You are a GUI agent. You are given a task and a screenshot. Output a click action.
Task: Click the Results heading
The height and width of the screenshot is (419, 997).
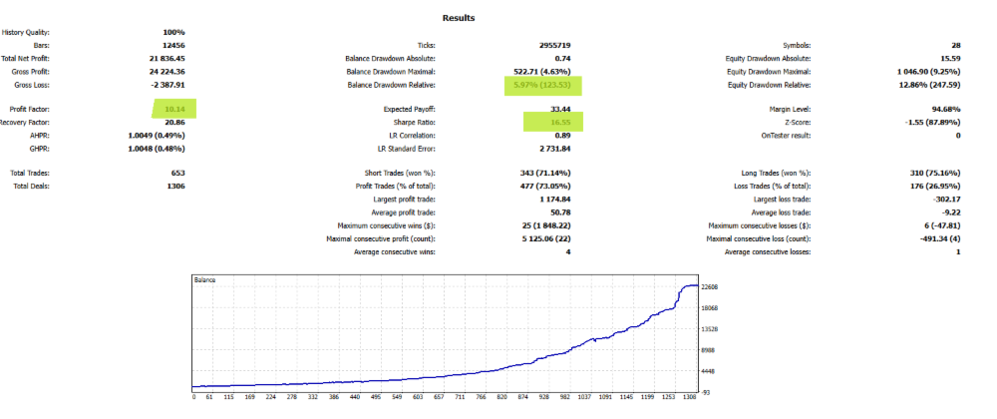[x=459, y=18]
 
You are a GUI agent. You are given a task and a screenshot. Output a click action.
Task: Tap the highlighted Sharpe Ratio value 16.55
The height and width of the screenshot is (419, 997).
[x=552, y=121]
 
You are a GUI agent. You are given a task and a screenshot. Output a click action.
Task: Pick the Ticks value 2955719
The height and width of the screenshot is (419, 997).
[x=552, y=46]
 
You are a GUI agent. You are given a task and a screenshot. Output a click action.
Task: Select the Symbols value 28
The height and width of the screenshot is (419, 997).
[x=956, y=46]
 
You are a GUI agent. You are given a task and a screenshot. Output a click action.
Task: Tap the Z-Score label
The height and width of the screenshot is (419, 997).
[x=794, y=121]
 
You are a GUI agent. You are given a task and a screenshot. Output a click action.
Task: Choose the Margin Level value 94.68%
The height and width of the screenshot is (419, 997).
[x=944, y=108]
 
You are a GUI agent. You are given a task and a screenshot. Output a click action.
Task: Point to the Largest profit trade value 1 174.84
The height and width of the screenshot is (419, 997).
[x=548, y=200]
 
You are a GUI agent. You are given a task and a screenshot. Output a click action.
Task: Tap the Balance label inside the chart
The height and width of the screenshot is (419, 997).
[x=204, y=281]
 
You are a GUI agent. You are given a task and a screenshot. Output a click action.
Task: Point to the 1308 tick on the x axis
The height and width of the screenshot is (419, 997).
[x=688, y=396]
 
